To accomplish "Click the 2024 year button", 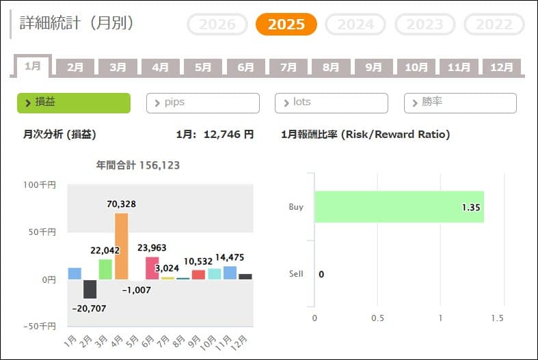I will click(x=355, y=25).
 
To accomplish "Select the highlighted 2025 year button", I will click(x=286, y=25).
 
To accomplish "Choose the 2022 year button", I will click(x=494, y=25).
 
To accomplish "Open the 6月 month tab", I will click(x=245, y=67).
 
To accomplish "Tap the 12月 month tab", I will click(x=502, y=67).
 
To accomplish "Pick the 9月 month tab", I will click(x=374, y=67).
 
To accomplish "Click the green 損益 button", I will click(x=73, y=102).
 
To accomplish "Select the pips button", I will click(x=203, y=102).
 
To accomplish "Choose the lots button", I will click(x=331, y=102).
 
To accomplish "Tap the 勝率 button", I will click(x=460, y=102).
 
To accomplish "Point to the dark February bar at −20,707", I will click(x=90, y=289).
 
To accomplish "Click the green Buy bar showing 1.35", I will click(x=399, y=206).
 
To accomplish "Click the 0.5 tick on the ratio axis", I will click(x=377, y=318).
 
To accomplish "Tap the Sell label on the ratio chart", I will click(x=296, y=274).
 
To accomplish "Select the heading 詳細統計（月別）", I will click(x=77, y=23).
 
